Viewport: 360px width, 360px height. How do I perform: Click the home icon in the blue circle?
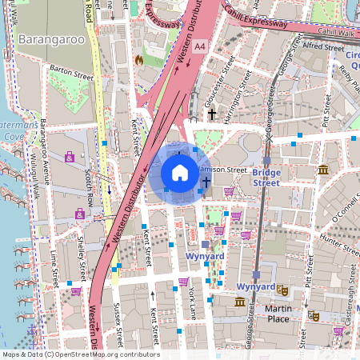point(180,173)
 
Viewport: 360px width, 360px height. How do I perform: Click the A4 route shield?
point(198,48)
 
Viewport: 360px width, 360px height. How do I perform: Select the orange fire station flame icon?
point(139,58)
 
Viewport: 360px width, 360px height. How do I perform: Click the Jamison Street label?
point(226,170)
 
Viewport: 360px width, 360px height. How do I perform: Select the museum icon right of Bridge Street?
point(323,170)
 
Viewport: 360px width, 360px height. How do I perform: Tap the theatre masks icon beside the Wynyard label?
point(282,290)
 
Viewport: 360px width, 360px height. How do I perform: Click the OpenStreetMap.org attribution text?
point(104,354)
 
